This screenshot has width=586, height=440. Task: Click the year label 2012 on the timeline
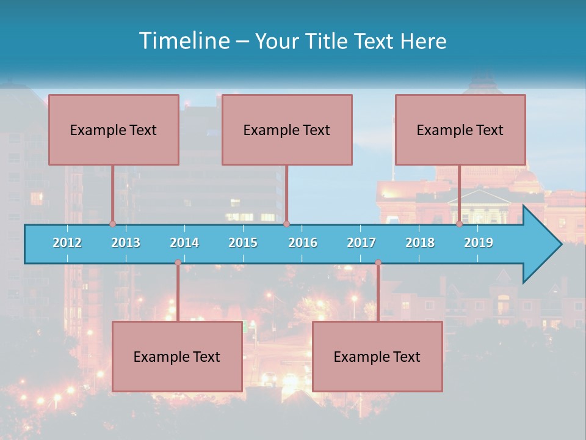[67, 243]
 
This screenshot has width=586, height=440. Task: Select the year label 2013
[126, 243]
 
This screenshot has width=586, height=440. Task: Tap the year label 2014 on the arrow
[184, 243]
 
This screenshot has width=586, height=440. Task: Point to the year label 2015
[243, 243]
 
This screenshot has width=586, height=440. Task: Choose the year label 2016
[303, 243]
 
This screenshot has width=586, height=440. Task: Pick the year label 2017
[361, 243]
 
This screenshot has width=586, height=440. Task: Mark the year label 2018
[420, 243]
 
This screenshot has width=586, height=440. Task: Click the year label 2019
[479, 243]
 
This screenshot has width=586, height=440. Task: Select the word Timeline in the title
[184, 41]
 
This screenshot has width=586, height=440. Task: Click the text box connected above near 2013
[114, 130]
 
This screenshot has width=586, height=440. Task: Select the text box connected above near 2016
[287, 130]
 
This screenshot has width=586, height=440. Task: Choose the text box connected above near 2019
[460, 130]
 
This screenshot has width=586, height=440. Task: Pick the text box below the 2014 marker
[177, 356]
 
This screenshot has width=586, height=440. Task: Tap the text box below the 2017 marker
[377, 356]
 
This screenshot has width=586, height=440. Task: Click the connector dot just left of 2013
[113, 224]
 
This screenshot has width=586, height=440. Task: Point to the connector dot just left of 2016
[286, 224]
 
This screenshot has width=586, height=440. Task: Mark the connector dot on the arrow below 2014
[178, 263]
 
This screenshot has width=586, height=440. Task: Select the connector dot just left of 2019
[460, 224]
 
